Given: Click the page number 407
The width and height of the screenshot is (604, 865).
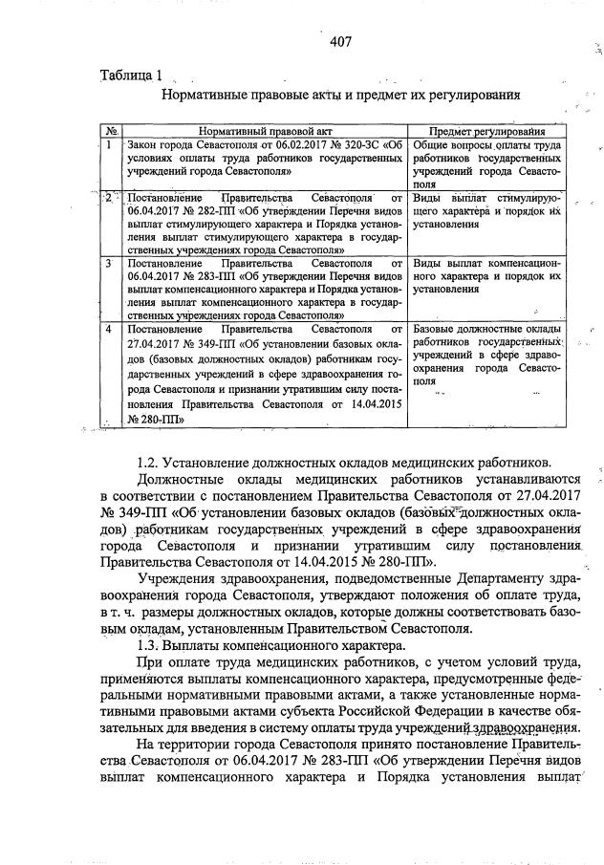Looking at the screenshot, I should tap(341, 41).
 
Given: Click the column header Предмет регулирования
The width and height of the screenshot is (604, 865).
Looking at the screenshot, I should tap(486, 131).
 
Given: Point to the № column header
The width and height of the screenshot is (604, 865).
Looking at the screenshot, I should tap(111, 131).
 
